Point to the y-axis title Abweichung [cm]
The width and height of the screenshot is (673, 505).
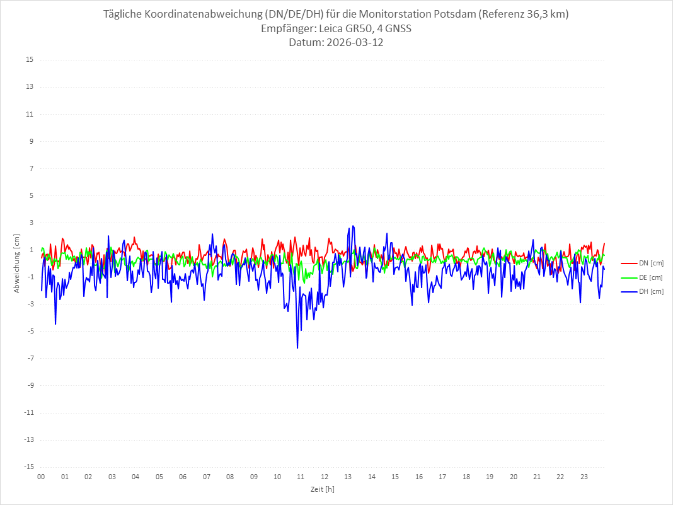click(17, 263)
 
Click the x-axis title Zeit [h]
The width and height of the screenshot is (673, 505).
click(322, 489)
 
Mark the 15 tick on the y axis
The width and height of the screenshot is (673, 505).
click(29, 60)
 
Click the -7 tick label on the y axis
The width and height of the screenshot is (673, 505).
click(29, 358)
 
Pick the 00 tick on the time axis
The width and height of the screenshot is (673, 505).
click(41, 477)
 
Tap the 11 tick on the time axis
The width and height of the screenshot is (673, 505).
click(301, 477)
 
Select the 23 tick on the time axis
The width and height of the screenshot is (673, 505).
click(584, 477)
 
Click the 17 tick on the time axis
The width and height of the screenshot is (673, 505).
click(442, 477)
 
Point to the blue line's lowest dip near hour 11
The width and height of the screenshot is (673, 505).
click(297, 347)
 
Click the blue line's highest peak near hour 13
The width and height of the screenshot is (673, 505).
click(353, 226)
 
